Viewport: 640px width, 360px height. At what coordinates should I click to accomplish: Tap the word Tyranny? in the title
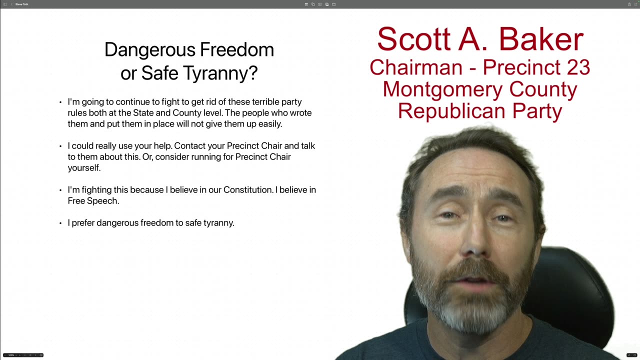(229, 73)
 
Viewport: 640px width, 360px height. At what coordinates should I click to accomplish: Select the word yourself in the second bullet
(84, 168)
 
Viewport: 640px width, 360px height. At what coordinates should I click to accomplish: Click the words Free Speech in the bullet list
(93, 201)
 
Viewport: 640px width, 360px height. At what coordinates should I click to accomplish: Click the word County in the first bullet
(186, 113)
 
